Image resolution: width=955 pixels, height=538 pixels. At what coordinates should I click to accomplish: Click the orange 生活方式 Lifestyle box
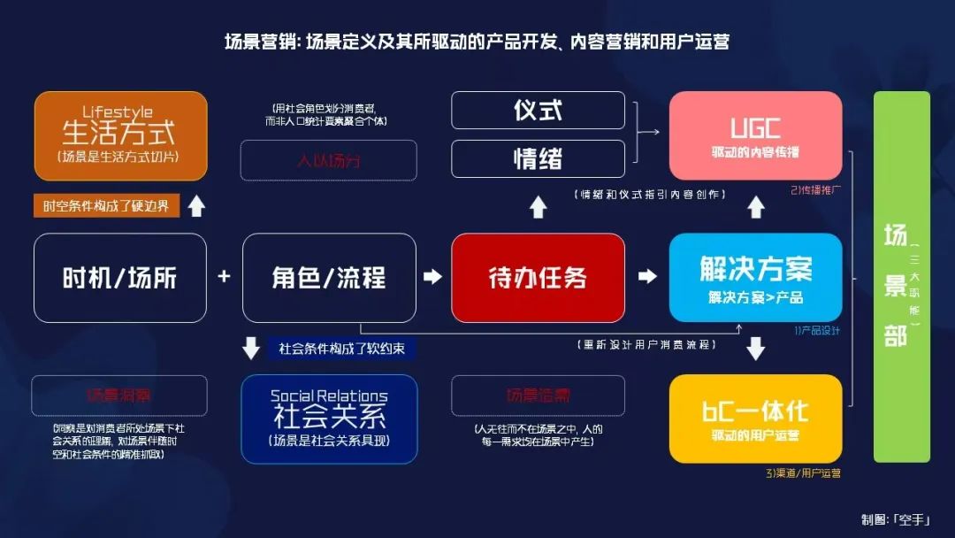(x=120, y=135)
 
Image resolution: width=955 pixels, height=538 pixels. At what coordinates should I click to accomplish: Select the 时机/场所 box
(x=120, y=278)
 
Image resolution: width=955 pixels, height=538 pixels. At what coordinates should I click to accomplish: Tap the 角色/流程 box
(x=329, y=278)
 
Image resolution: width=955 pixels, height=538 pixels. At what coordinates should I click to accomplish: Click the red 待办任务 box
(x=538, y=278)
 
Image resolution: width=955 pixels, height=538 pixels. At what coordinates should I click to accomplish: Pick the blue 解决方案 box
(x=755, y=278)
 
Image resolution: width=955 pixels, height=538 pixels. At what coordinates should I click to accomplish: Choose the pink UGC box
(x=755, y=135)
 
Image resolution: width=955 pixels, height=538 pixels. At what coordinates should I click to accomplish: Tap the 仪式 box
(x=538, y=110)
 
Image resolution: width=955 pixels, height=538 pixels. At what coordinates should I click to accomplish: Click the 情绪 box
(x=538, y=158)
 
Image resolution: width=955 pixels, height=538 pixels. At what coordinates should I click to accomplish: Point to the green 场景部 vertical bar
(x=902, y=276)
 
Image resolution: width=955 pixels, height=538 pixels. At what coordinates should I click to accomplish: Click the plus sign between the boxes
(x=224, y=277)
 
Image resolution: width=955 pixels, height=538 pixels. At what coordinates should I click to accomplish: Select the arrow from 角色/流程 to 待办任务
(x=432, y=277)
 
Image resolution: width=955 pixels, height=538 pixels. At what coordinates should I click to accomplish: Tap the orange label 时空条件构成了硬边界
(x=106, y=206)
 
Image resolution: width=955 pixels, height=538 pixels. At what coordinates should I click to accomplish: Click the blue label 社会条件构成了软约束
(x=341, y=349)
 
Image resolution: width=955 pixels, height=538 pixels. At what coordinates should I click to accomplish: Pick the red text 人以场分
(x=329, y=161)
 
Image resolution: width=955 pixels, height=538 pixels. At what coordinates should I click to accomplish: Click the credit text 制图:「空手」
(x=895, y=519)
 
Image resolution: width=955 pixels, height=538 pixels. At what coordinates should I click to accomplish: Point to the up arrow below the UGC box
(x=756, y=207)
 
